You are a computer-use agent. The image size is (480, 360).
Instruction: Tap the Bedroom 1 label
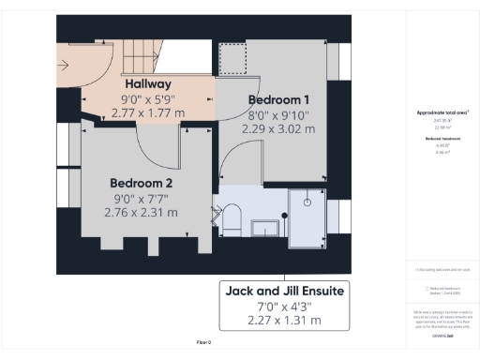tap(278, 98)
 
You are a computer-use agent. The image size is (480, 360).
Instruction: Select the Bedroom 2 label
tap(141, 182)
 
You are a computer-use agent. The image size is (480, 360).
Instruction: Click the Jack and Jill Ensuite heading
tap(284, 292)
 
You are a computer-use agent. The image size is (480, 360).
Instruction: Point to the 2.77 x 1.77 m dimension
tap(147, 112)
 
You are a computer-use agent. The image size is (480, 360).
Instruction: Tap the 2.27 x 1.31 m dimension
tap(284, 320)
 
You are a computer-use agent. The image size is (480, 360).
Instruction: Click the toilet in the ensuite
tap(232, 221)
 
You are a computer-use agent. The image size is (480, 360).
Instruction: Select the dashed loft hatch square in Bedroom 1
tap(231, 59)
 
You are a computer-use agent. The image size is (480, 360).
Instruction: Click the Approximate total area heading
tap(442, 112)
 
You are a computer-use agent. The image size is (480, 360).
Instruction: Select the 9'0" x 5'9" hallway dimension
tap(147, 98)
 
